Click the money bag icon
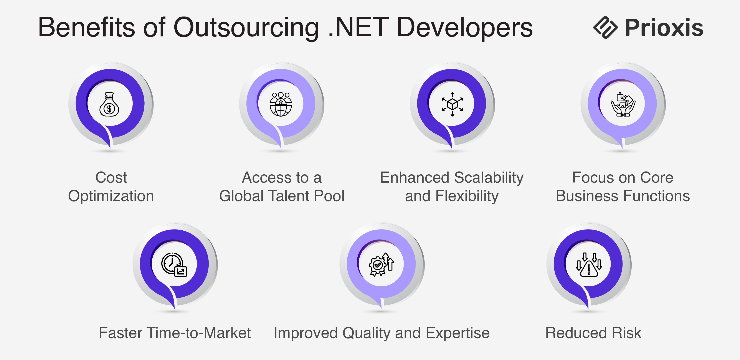click(109, 104)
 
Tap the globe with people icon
click(281, 104)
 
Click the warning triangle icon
click(589, 265)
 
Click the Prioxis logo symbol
click(605, 27)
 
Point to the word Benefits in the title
click(86, 27)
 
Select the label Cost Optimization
click(111, 187)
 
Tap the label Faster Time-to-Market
click(175, 333)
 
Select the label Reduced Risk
click(593, 333)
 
